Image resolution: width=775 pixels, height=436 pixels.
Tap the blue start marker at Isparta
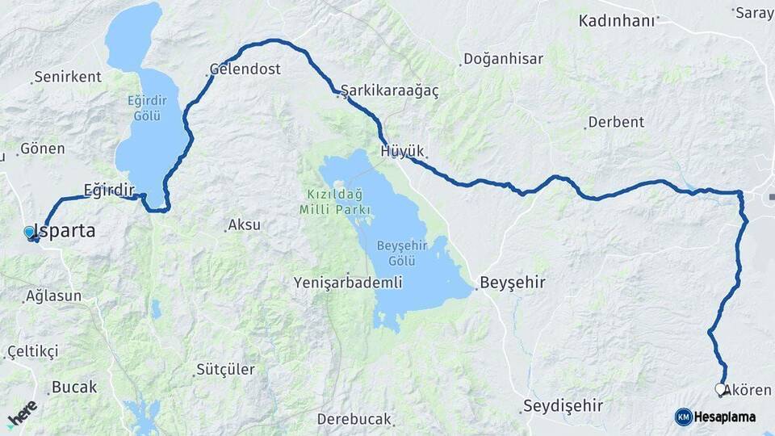coord(30,233)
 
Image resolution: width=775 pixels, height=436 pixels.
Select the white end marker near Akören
coord(719,388)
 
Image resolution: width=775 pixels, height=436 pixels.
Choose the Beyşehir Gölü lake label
coord(396,253)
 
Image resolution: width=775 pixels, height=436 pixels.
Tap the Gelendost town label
coord(245,69)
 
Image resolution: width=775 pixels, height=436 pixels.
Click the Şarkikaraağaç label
coord(391,90)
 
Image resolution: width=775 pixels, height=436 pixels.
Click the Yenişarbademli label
coord(348,283)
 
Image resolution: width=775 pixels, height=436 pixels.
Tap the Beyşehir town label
coord(513,283)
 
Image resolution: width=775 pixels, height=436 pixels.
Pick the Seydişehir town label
coord(563,405)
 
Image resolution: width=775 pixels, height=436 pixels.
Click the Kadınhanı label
coord(616,21)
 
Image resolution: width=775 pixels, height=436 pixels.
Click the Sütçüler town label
coord(227,370)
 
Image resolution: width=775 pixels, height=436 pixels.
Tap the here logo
coord(23,413)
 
